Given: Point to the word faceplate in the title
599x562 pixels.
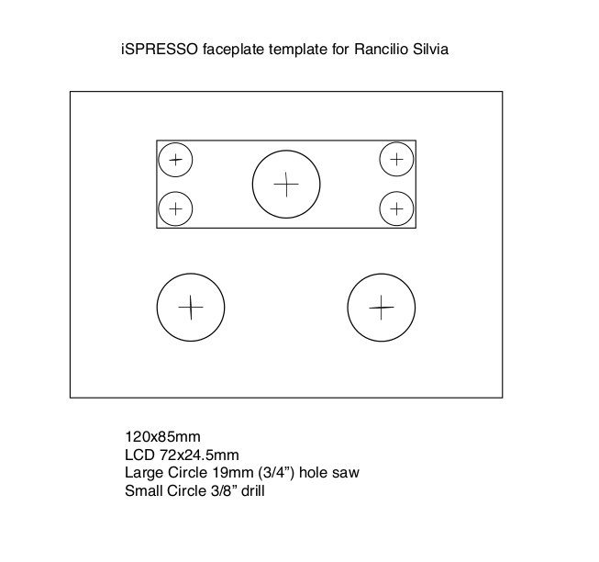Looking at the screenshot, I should pos(227,48).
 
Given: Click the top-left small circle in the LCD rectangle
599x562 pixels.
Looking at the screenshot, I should pos(175,160).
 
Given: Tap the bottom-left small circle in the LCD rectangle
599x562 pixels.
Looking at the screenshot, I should pos(175,208).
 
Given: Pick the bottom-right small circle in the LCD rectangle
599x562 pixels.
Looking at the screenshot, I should pos(395,208).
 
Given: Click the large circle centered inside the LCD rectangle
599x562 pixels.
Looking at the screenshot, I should pos(286,184).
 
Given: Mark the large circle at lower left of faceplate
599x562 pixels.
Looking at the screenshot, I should pos(191,307).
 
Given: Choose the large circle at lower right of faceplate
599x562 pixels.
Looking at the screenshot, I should pos(381,307).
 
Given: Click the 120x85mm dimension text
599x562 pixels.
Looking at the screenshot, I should pos(162,436).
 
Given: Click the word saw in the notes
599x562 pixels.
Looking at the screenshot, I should pos(346,473).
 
